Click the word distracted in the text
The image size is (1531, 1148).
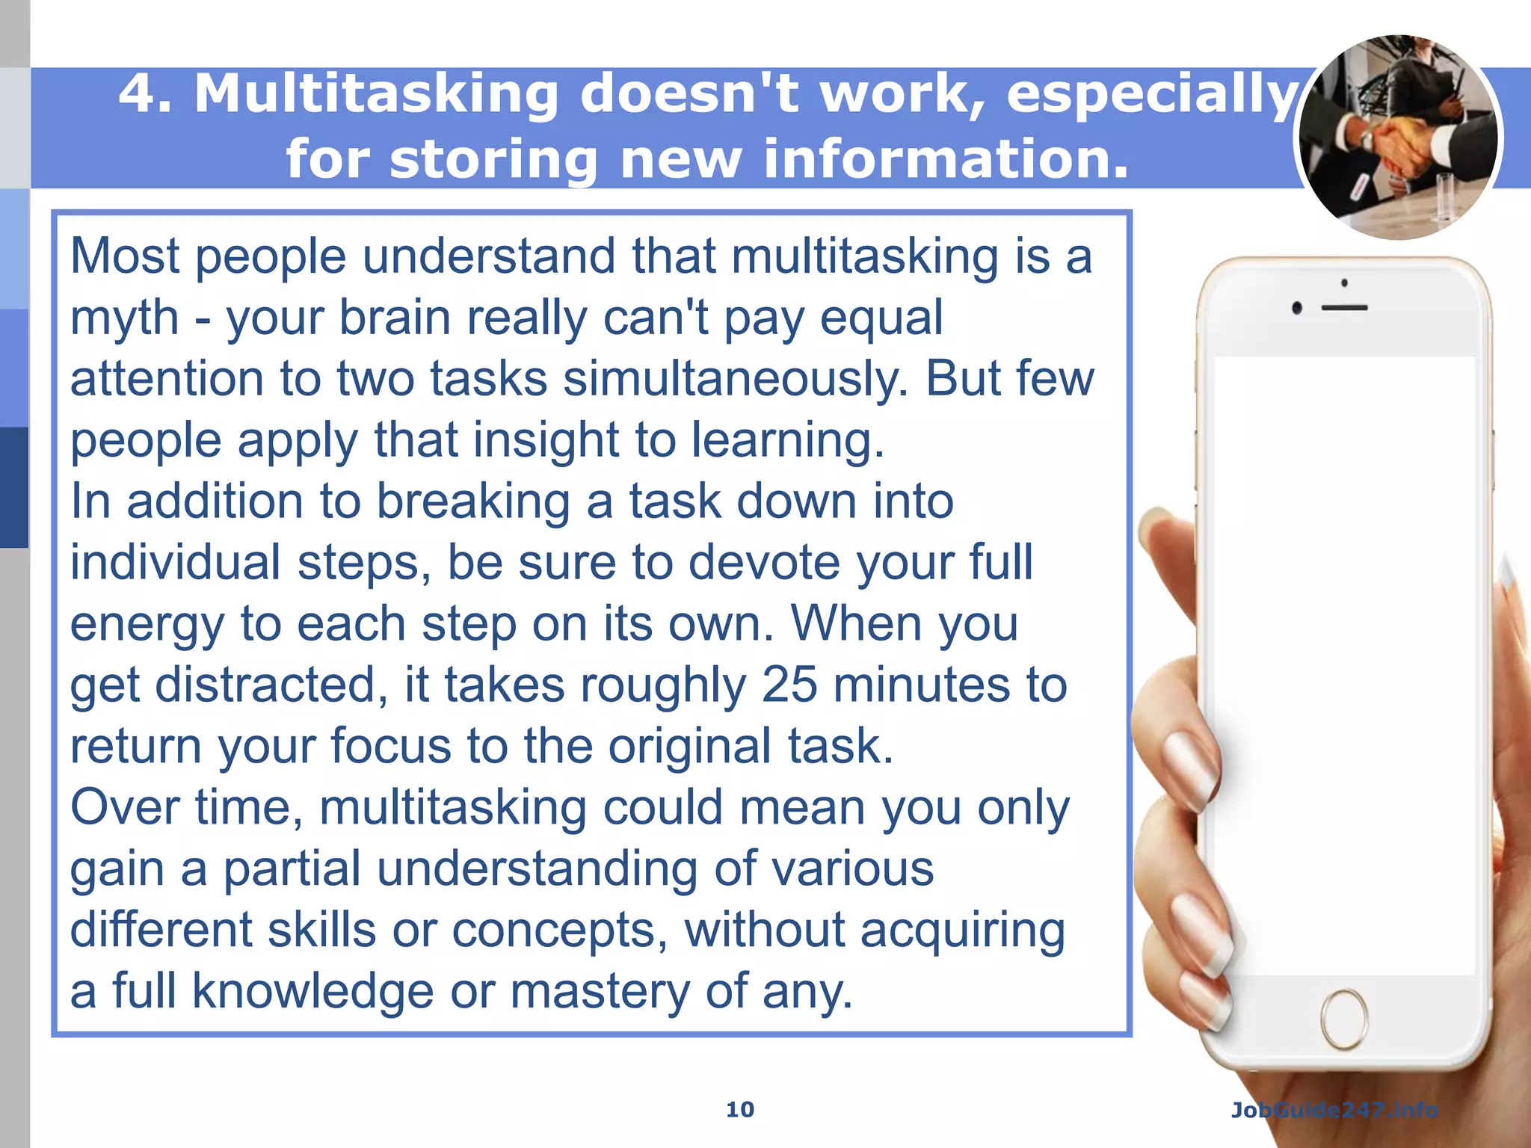[271, 685]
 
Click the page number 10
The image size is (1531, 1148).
[740, 1109]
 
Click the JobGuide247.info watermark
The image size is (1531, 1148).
[1334, 1110]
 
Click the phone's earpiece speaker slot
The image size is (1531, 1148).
[1344, 308]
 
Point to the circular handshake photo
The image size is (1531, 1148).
[1398, 138]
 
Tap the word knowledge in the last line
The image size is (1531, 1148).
[312, 991]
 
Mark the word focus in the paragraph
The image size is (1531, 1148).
[390, 746]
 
